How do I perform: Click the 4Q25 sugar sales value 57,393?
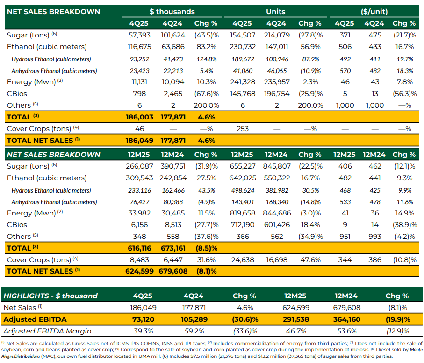pyautogui.click(x=139, y=35)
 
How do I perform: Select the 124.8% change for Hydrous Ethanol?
pyautogui.click(x=206, y=59)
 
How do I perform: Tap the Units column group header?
pyautogui.click(x=275, y=12)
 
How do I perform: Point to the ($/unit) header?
pyautogui.click(x=374, y=12)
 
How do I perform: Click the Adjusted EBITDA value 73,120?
pyautogui.click(x=143, y=319)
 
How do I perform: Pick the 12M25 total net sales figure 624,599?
pyautogui.click(x=139, y=271)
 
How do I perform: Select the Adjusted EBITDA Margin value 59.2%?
pyautogui.click(x=194, y=331)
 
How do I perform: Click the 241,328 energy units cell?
pyautogui.click(x=243, y=82)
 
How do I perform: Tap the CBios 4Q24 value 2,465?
pyautogui.click(x=173, y=94)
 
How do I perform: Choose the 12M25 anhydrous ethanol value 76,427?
pyautogui.click(x=139, y=202)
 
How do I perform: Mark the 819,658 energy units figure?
pyautogui.click(x=243, y=213)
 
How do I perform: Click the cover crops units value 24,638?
pyautogui.click(x=243, y=260)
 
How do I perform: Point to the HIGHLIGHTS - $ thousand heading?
pyautogui.click(x=50, y=296)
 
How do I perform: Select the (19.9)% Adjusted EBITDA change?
pyautogui.click(x=398, y=319)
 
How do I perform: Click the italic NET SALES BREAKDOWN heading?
pyautogui.click(x=54, y=155)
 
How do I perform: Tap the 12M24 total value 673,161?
pyautogui.click(x=173, y=248)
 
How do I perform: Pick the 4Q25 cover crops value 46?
pyautogui.click(x=139, y=129)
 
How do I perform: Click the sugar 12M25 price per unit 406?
pyautogui.click(x=345, y=166)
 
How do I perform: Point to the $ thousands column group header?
pyautogui.click(x=172, y=12)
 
